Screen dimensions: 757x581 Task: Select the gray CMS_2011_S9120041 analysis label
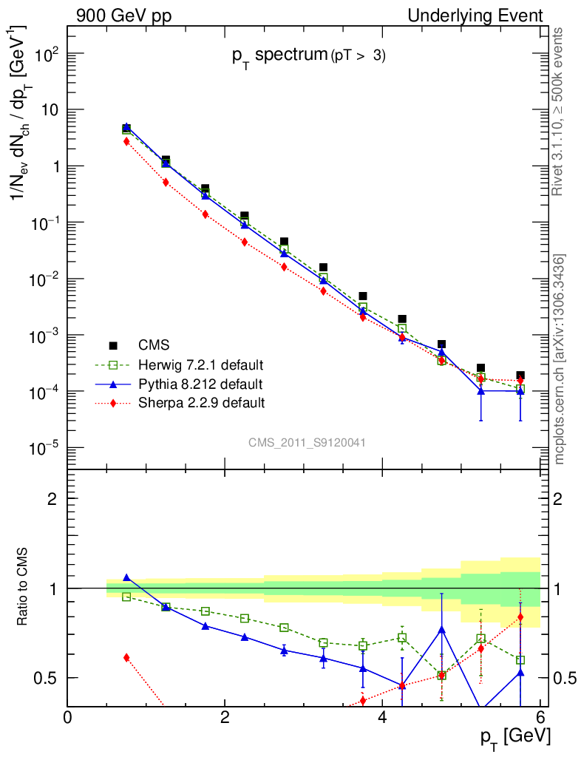click(x=307, y=442)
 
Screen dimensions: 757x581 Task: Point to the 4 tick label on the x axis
click(x=382, y=717)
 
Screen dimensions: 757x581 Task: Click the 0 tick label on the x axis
click(x=68, y=717)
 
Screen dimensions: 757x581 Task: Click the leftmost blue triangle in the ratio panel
click(x=126, y=577)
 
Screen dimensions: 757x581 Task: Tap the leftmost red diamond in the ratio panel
click(x=126, y=657)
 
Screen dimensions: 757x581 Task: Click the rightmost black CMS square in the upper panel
click(x=520, y=376)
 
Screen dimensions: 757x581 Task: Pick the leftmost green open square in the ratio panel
click(x=126, y=597)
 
